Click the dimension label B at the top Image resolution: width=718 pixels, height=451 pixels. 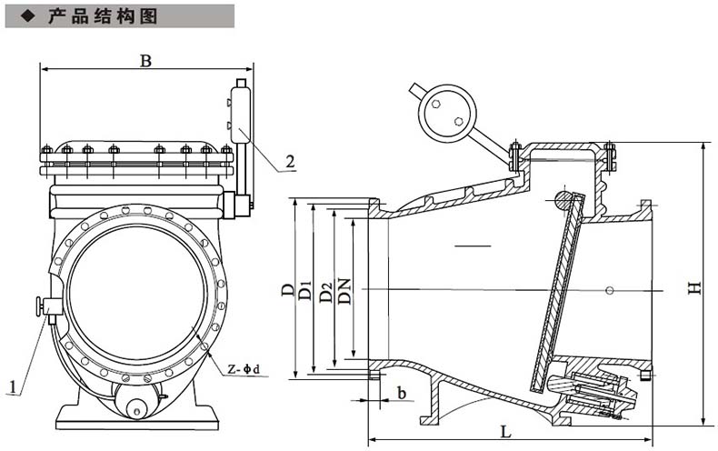(145, 60)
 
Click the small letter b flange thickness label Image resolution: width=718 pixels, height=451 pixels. (401, 393)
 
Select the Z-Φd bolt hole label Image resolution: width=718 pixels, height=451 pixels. (244, 369)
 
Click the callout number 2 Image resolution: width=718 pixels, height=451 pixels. (290, 162)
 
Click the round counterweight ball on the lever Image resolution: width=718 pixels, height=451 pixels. (446, 112)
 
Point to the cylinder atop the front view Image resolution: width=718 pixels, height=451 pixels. (240, 114)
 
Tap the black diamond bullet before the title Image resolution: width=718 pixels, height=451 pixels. (26, 16)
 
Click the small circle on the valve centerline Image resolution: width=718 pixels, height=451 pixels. (608, 290)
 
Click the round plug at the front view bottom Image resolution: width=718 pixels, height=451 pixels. (138, 407)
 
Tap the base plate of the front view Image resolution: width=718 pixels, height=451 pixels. (137, 420)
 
